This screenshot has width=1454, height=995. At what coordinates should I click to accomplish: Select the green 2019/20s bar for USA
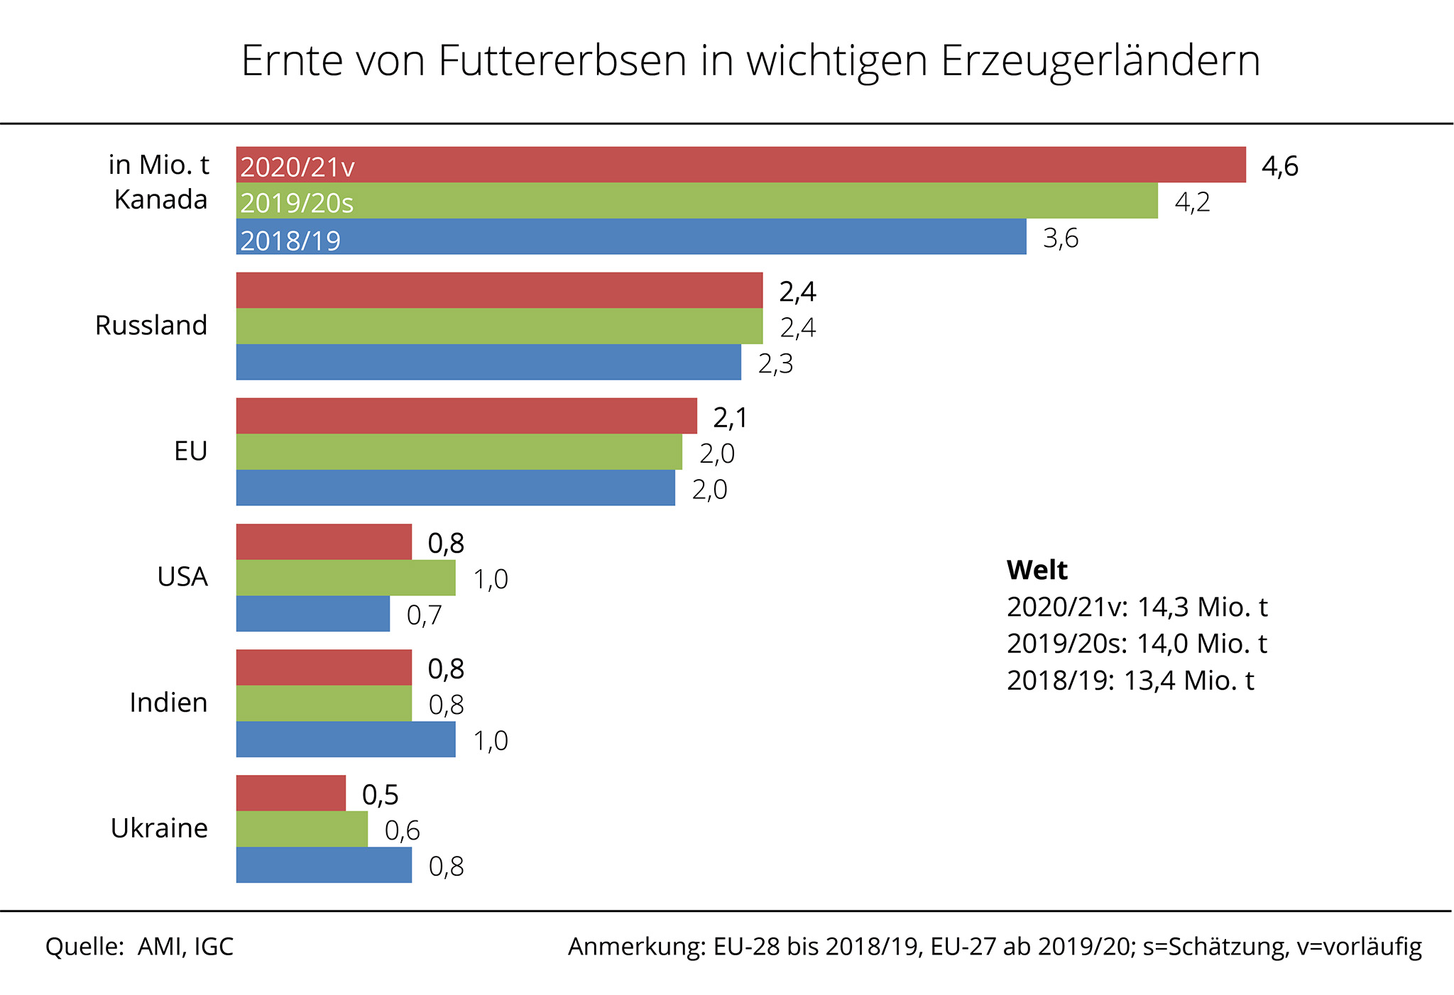(x=346, y=578)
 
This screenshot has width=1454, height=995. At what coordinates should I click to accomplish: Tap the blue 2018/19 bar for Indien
(x=346, y=740)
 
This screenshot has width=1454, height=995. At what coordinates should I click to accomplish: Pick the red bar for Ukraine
(x=291, y=793)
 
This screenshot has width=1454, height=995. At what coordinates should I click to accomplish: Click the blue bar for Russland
(x=488, y=362)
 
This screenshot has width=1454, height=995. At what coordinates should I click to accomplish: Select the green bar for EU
(x=459, y=451)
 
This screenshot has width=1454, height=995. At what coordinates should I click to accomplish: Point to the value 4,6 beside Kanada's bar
(x=1279, y=166)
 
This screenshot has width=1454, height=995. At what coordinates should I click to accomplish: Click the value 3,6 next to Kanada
(x=1060, y=238)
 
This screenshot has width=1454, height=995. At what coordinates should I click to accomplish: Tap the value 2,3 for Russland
(x=775, y=364)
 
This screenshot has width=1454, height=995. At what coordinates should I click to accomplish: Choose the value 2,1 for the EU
(x=730, y=418)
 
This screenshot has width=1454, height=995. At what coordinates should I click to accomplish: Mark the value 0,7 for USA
(x=424, y=615)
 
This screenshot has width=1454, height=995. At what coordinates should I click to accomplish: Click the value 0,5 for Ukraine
(x=380, y=795)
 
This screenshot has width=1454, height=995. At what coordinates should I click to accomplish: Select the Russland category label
(x=151, y=325)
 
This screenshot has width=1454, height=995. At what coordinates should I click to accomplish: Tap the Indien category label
(x=168, y=703)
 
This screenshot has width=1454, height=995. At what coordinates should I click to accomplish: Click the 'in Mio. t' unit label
(x=158, y=165)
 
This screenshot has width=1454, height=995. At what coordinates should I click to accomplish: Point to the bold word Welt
(x=1037, y=570)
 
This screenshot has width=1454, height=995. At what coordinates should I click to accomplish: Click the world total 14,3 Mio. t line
(x=1137, y=607)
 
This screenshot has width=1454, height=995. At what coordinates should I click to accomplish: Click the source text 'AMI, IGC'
(x=185, y=947)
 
